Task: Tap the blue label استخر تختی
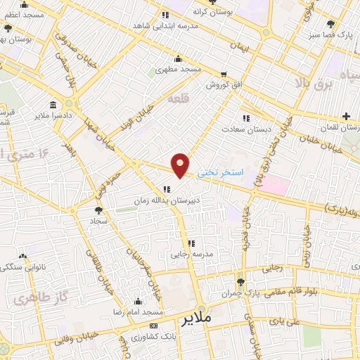tap(220, 172)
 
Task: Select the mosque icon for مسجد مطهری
tap(178, 59)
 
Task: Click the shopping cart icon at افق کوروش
tap(223, 73)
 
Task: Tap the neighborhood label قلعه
tap(179, 100)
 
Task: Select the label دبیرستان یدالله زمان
tap(166, 200)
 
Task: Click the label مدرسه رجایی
tap(191, 254)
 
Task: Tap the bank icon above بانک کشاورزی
tap(153, 326)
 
